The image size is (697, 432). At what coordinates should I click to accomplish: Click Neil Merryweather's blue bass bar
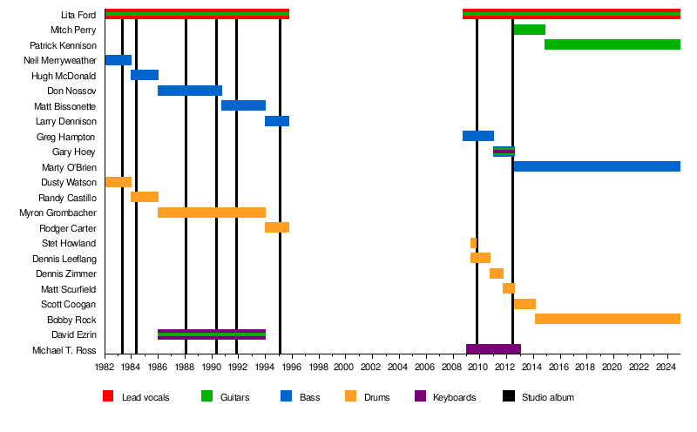pos(118,60)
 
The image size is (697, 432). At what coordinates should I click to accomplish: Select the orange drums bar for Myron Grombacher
pos(212,213)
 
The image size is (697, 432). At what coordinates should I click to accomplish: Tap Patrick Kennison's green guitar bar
pos(612,44)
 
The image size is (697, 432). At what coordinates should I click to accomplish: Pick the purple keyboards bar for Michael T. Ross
pos(493,349)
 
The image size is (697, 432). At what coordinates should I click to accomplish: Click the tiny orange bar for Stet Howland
pos(473,243)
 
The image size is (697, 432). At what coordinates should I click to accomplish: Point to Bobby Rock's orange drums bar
pos(607,319)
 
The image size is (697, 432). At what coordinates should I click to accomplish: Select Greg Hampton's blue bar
pos(478,136)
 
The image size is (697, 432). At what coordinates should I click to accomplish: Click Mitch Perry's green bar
pos(530,30)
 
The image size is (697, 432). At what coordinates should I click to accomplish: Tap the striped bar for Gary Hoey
pos(504,152)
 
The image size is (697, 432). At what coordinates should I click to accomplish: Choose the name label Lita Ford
pos(78,15)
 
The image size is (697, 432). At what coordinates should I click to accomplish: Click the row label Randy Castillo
pos(68,198)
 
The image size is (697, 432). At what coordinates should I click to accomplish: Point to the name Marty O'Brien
pos(69,167)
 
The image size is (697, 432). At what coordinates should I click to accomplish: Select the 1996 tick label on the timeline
pos(292,367)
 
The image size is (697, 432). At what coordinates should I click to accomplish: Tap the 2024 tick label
pos(667,367)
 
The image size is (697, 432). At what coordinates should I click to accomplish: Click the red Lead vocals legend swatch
pos(108,396)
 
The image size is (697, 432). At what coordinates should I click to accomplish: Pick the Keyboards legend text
pos(454,397)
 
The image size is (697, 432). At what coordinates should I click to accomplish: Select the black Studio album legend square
pos(509,396)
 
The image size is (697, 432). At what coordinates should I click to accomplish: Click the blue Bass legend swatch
pos(287,396)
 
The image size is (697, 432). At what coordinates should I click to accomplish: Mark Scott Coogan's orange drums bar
pos(525,304)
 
